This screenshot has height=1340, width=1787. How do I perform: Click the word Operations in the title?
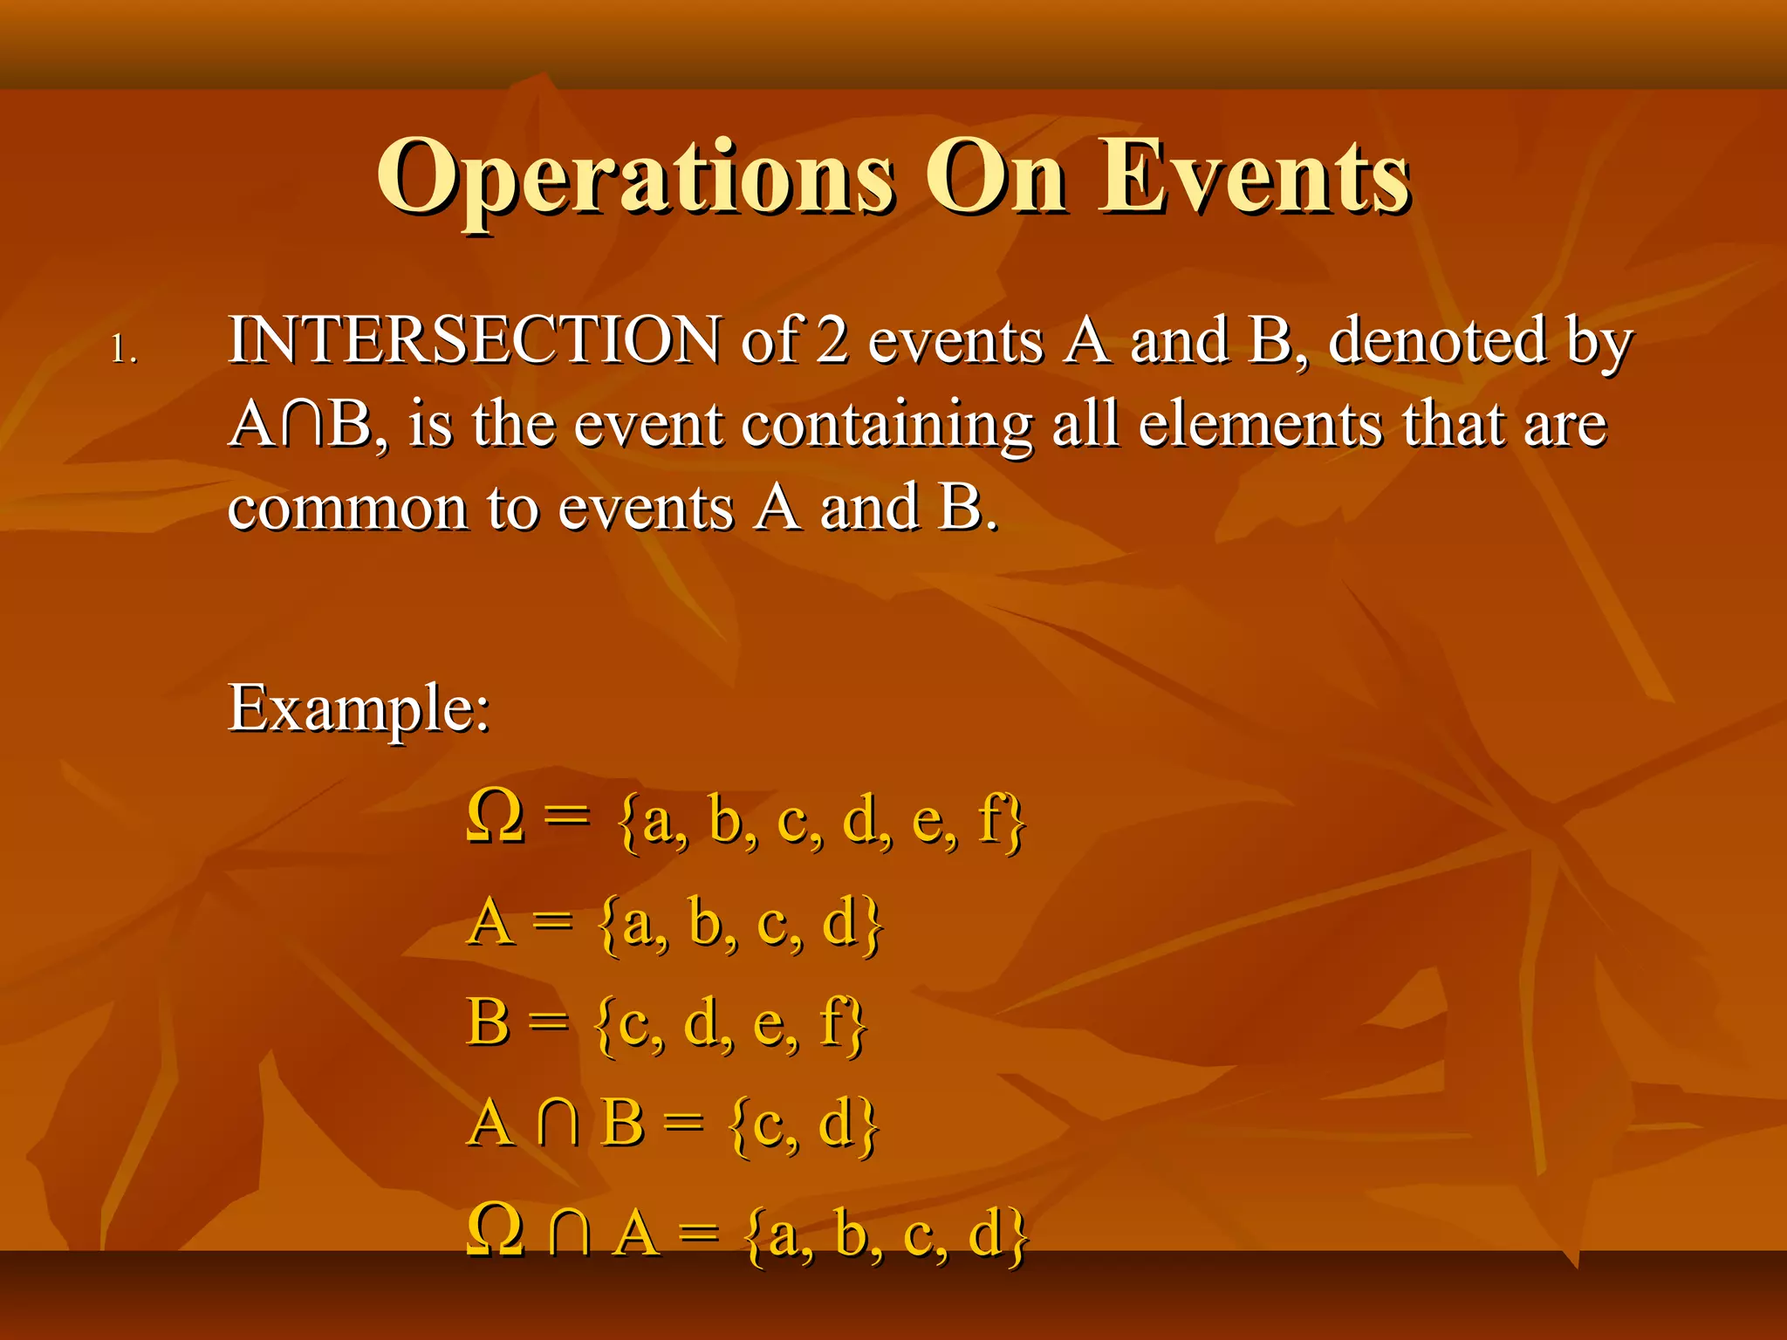tap(635, 179)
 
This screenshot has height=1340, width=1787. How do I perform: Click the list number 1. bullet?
tap(124, 351)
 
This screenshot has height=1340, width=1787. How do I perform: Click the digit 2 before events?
tap(832, 340)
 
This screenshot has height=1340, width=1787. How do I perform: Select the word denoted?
tap(1437, 340)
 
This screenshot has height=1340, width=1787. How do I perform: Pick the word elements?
tap(1260, 425)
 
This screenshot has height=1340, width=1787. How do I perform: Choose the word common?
tap(347, 509)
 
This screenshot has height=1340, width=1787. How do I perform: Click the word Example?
tap(359, 709)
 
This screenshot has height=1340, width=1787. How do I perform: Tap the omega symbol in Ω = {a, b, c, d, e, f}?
tap(496, 817)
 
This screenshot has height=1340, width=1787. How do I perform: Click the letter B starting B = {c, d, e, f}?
tap(488, 1022)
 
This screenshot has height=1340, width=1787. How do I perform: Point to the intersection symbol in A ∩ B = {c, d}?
tap(558, 1123)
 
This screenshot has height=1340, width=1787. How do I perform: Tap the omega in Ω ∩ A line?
tap(496, 1231)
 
